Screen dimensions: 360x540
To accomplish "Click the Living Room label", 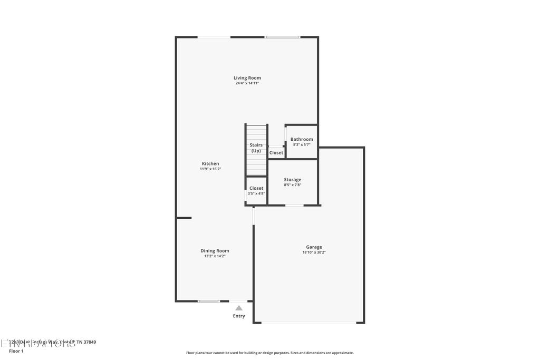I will pyautogui.click(x=247, y=78).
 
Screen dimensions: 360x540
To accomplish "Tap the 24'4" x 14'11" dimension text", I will pyautogui.click(x=247, y=83).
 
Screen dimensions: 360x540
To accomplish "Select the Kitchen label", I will pyautogui.click(x=210, y=163).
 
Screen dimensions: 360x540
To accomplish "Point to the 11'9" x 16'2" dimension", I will pyautogui.click(x=210, y=169).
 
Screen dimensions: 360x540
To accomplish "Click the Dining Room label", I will pyautogui.click(x=215, y=251).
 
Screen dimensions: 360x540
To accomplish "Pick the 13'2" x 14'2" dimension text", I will pyautogui.click(x=215, y=256).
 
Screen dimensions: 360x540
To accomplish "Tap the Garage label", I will pyautogui.click(x=314, y=247).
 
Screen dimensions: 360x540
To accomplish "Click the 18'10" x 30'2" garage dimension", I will pyautogui.click(x=314, y=252).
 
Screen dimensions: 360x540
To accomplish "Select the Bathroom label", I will pyautogui.click(x=302, y=139).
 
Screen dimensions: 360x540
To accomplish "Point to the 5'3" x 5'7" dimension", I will pyautogui.click(x=302, y=144).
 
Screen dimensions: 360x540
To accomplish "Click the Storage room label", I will pyautogui.click(x=293, y=180).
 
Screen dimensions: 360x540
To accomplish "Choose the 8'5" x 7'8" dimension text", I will pyautogui.click(x=293, y=185).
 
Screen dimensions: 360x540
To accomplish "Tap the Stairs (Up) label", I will pyautogui.click(x=256, y=148).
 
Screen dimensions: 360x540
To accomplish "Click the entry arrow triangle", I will pyautogui.click(x=239, y=308).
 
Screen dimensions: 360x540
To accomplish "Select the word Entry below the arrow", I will pyautogui.click(x=239, y=316).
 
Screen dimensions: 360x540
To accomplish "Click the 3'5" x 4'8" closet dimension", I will pyautogui.click(x=256, y=193).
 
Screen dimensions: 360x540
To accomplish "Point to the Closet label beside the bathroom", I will pyautogui.click(x=276, y=153).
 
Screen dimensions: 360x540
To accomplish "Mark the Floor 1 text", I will pyautogui.click(x=16, y=351).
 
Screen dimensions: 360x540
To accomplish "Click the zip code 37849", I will pyautogui.click(x=89, y=342).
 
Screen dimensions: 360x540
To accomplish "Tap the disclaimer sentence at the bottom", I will pyautogui.click(x=269, y=353).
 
